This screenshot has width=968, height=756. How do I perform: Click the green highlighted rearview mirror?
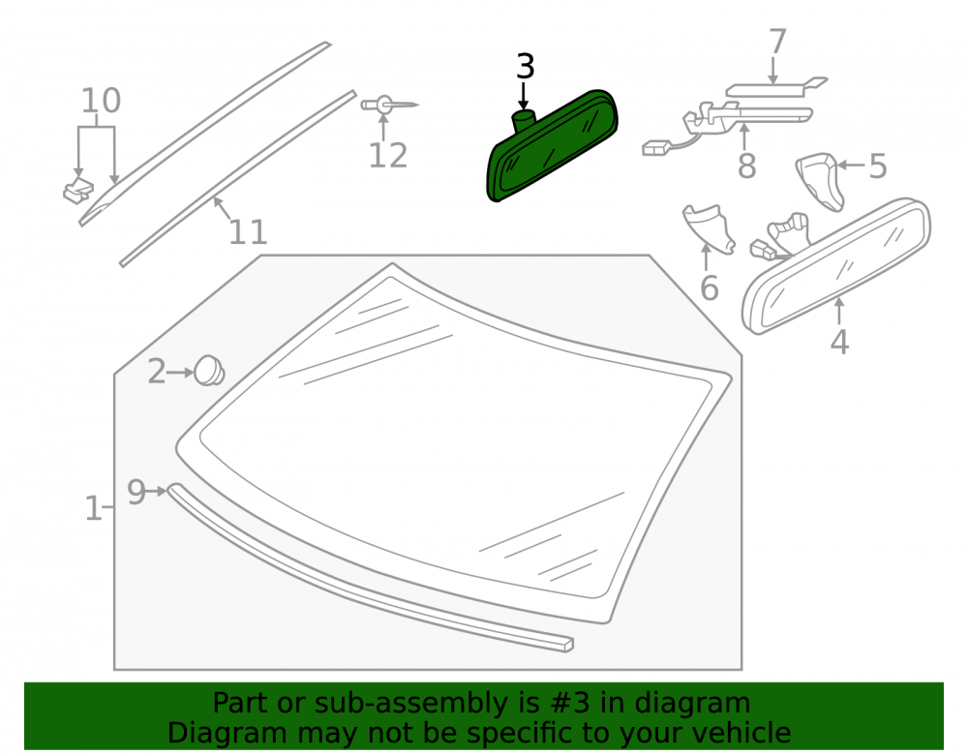click(x=552, y=147)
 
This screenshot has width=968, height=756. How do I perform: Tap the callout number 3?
click(x=525, y=67)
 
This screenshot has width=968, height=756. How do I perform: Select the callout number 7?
click(x=777, y=42)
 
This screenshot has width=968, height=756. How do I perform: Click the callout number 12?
click(x=388, y=156)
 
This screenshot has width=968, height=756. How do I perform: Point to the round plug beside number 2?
click(x=209, y=371)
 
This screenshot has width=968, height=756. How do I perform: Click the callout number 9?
click(x=136, y=492)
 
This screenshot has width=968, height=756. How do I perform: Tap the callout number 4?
click(x=839, y=342)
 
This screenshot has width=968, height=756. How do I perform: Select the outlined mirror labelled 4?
click(x=836, y=266)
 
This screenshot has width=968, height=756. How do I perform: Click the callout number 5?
click(x=877, y=166)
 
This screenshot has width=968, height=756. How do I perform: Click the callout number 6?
click(x=710, y=288)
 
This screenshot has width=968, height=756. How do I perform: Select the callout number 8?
click(x=747, y=166)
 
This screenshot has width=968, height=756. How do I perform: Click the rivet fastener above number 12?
click(x=389, y=105)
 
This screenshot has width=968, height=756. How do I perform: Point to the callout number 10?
click(x=102, y=101)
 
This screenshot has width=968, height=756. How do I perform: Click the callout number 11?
click(x=248, y=232)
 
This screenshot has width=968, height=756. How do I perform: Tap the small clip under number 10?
click(x=78, y=191)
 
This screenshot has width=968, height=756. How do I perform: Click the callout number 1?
click(x=93, y=508)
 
